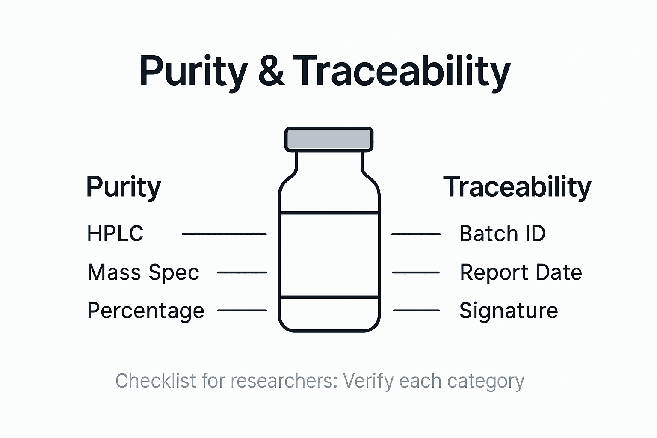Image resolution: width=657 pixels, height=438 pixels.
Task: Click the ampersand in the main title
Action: tap(271, 71)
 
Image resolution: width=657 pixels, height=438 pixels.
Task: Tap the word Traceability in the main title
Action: tap(402, 71)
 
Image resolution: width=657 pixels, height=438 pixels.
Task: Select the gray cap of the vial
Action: tap(329, 139)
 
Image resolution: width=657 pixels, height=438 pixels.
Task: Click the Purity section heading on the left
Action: tap(124, 187)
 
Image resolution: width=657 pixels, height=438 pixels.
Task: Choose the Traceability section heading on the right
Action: tap(517, 187)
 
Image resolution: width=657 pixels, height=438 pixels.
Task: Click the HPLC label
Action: tap(115, 234)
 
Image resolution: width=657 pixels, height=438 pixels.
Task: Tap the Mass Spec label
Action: tap(143, 272)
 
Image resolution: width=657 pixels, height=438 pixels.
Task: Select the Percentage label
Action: tap(145, 311)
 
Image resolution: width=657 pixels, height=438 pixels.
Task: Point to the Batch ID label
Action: tap(502, 234)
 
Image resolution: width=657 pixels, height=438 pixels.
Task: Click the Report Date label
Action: tap(521, 272)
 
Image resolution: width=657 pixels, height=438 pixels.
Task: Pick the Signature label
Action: tap(509, 311)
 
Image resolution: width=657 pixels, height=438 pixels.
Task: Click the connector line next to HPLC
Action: tap(224, 234)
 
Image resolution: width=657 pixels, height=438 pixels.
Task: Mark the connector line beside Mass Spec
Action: tap(242, 272)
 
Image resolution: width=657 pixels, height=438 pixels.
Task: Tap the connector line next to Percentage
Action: tap(242, 310)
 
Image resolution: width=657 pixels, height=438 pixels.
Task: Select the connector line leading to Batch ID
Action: tap(416, 234)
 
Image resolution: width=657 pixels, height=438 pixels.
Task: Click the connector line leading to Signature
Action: tap(416, 310)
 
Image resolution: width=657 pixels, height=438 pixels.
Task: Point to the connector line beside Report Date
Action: tap(416, 272)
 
